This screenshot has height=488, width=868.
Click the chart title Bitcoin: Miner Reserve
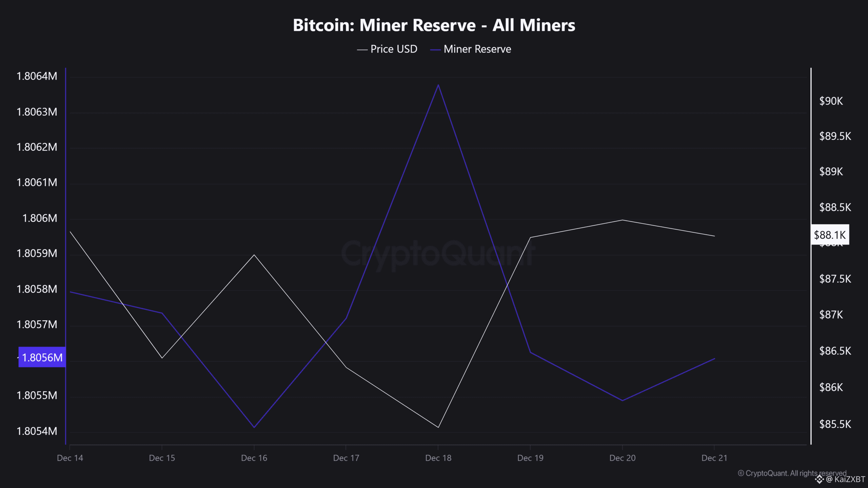[x=434, y=25]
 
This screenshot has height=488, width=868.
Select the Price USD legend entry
[x=387, y=49]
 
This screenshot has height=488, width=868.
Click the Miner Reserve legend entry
[x=471, y=49]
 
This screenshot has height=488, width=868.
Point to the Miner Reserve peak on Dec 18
[x=438, y=85]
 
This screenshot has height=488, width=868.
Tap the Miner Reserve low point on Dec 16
[x=254, y=427]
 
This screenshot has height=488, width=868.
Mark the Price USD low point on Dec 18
[x=438, y=427]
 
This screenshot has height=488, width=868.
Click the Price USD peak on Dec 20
[x=622, y=220]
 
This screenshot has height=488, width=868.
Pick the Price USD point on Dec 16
[x=254, y=255]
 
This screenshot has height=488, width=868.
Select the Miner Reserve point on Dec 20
[x=622, y=401]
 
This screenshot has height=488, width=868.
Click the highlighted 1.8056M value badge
[x=42, y=357]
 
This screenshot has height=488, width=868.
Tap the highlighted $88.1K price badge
[x=830, y=235]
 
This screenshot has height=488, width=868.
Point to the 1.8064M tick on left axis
[x=37, y=76]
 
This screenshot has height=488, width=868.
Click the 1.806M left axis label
[x=40, y=218]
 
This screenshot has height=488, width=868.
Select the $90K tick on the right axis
[x=831, y=101]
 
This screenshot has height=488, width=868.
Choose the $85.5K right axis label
[x=835, y=424]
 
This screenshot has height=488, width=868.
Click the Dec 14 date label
[x=70, y=458]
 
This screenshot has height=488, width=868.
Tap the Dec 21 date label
[x=714, y=458]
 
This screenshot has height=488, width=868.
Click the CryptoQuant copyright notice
[x=792, y=473]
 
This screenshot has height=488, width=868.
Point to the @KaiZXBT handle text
[x=846, y=479]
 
